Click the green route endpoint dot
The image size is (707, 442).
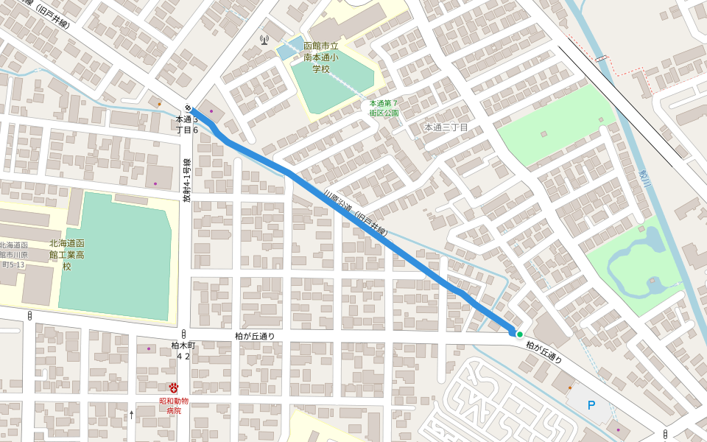click(x=519, y=334)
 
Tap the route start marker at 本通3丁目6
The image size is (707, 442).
click(x=189, y=108)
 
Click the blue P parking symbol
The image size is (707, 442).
click(x=591, y=405)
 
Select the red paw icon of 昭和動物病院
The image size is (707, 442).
click(x=174, y=387)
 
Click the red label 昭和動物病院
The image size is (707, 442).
click(x=174, y=405)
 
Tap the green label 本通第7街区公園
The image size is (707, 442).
click(x=384, y=108)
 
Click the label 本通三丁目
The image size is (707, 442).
click(x=446, y=127)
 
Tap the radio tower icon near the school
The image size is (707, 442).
click(x=264, y=38)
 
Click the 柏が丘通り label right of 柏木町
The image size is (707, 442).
click(x=255, y=336)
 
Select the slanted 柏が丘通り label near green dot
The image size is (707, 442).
click(x=544, y=351)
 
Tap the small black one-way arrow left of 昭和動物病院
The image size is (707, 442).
click(x=132, y=415)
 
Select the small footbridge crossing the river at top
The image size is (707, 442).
click(x=602, y=57)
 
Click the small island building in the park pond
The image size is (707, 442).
click(x=653, y=281)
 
